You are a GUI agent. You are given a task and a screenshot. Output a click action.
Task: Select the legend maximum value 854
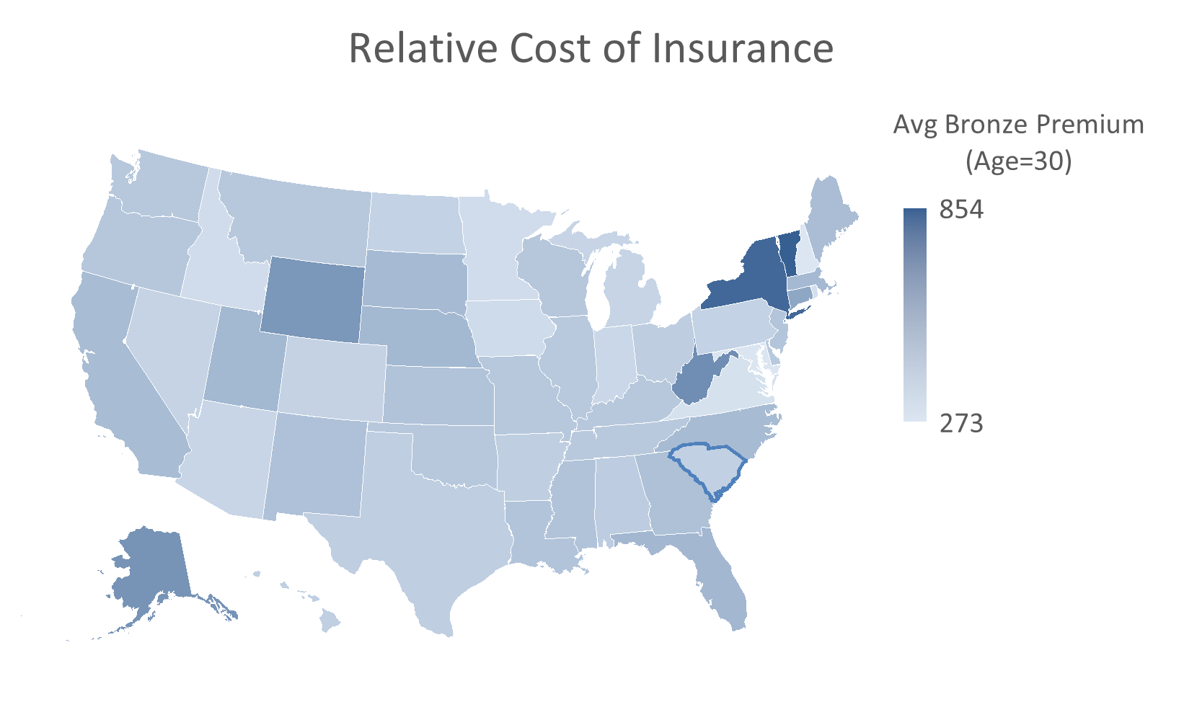(961, 210)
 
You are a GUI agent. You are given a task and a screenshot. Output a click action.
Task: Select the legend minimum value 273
(961, 423)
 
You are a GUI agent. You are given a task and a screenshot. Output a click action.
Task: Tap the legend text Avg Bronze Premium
(1018, 125)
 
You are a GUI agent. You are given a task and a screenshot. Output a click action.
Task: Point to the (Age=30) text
(1018, 161)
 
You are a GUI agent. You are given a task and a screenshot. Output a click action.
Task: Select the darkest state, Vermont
(790, 252)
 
